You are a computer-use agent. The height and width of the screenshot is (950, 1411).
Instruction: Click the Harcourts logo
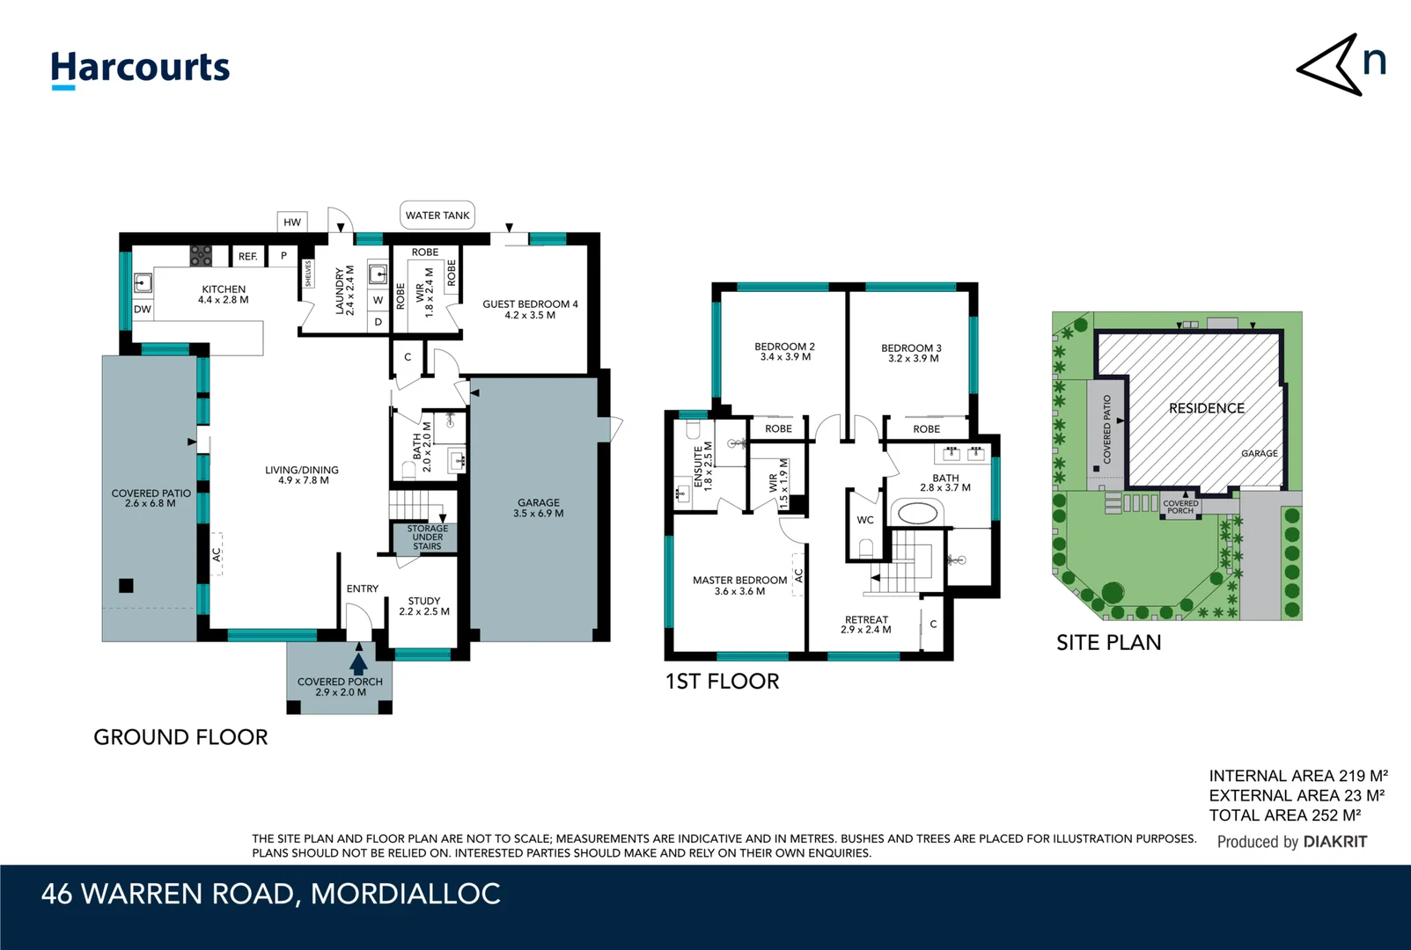click(140, 69)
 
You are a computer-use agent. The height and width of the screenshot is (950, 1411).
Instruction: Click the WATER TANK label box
click(437, 216)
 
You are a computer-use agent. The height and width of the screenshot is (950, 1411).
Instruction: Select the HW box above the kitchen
click(292, 223)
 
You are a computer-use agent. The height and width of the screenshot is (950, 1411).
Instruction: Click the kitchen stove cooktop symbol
click(201, 256)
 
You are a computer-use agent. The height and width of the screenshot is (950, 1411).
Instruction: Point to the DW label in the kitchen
click(143, 310)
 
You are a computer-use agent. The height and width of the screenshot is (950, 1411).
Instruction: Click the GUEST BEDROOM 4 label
click(530, 310)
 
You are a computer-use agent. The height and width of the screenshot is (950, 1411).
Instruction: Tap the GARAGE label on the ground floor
click(539, 508)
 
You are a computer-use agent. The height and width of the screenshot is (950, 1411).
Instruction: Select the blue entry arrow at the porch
click(358, 662)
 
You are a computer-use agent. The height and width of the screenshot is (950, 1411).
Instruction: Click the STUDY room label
click(424, 606)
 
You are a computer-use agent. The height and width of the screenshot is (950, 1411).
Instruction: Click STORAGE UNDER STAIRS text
click(428, 537)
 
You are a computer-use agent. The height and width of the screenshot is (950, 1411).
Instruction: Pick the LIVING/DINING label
click(302, 475)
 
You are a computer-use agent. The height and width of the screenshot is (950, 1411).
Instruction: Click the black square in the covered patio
click(127, 586)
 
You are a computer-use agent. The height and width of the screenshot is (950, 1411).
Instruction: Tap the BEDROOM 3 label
click(911, 353)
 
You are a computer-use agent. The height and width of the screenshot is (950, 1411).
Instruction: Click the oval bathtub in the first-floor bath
click(916, 513)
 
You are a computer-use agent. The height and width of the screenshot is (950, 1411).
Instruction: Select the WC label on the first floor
click(865, 520)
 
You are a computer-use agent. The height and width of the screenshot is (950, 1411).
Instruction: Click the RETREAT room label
click(866, 625)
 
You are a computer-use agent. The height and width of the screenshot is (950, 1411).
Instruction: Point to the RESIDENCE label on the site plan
click(1206, 408)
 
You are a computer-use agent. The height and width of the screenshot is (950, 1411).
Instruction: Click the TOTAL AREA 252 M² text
click(1284, 815)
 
